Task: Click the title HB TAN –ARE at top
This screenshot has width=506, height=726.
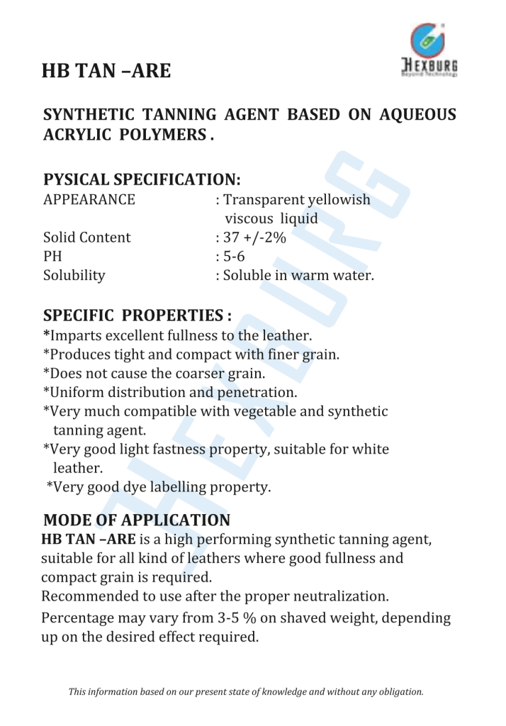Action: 106,72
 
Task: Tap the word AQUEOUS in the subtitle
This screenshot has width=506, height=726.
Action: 416,116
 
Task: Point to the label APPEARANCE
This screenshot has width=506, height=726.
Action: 89,200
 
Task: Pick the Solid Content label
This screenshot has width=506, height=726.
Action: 87,238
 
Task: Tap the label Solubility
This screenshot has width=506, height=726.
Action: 74,275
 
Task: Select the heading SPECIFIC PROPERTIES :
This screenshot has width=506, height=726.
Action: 138,315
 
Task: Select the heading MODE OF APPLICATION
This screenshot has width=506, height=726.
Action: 137,520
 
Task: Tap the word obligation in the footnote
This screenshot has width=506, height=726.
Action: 402,691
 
